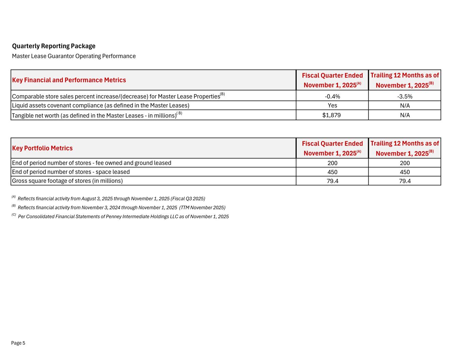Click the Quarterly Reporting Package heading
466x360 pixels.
54,46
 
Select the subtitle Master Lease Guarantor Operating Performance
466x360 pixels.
74,56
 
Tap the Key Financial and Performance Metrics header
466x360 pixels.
69,80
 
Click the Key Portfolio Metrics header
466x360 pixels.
42,148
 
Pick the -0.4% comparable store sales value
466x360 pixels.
332,96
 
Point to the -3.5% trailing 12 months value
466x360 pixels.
405,96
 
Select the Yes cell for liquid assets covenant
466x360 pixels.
332,105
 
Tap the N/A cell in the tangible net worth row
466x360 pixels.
405,115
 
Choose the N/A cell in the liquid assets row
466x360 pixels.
405,105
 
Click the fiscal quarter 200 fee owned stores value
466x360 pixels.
332,163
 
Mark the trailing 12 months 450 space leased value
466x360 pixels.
405,172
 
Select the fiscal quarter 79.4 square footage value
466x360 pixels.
332,181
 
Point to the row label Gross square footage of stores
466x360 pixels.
67,181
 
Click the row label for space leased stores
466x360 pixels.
71,172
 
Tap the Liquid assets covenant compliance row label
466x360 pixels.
100,105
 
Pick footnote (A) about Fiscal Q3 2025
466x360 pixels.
111,199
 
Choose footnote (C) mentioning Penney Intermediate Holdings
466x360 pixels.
123,217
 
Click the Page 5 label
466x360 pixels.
18,343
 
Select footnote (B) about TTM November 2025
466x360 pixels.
121,207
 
